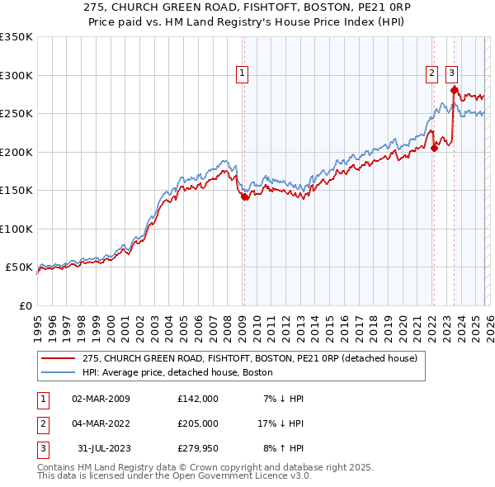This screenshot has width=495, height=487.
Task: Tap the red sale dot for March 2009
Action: tap(243, 196)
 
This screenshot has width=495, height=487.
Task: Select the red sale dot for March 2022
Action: tap(434, 149)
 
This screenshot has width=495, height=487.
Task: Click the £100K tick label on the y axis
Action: tap(16, 229)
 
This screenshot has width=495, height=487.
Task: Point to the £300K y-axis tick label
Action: tap(16, 75)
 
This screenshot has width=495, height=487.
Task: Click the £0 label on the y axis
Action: tap(24, 305)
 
